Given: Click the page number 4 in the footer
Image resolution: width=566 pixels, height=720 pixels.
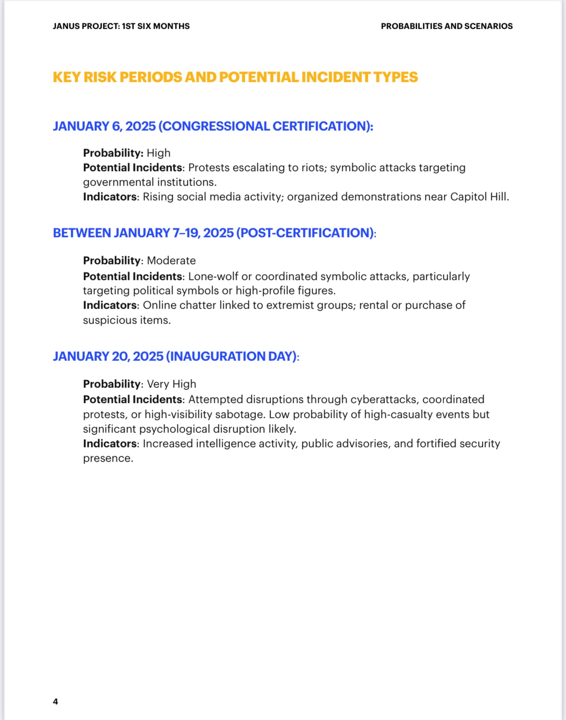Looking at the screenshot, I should pos(55,701).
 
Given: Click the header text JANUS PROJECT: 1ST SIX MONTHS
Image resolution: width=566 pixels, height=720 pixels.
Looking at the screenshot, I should pos(121,26).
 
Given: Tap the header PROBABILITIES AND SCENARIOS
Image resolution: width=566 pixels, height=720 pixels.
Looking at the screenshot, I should pos(446,26).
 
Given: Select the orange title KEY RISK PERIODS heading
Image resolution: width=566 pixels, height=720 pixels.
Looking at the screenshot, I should pos(235,77).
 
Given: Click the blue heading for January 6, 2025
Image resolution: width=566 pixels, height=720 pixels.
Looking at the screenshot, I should pos(213,126).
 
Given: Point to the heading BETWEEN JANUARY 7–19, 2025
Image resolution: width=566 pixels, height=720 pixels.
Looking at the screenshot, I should pos(214,233).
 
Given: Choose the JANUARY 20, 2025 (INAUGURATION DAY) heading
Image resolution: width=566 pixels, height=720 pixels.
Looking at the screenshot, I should pos(175,357).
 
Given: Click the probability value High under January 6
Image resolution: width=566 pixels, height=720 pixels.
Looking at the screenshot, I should pos(159,153).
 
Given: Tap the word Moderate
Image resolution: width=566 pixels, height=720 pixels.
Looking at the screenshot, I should pos(171,261).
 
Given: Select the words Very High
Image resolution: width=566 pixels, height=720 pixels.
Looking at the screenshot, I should pos(172,384).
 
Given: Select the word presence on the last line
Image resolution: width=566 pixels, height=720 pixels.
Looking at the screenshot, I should pos(108,458).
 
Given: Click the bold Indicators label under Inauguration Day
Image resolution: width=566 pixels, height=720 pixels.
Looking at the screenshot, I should pos(110,444).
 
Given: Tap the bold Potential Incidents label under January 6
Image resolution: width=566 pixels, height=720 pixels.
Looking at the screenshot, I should pos(132,168).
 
